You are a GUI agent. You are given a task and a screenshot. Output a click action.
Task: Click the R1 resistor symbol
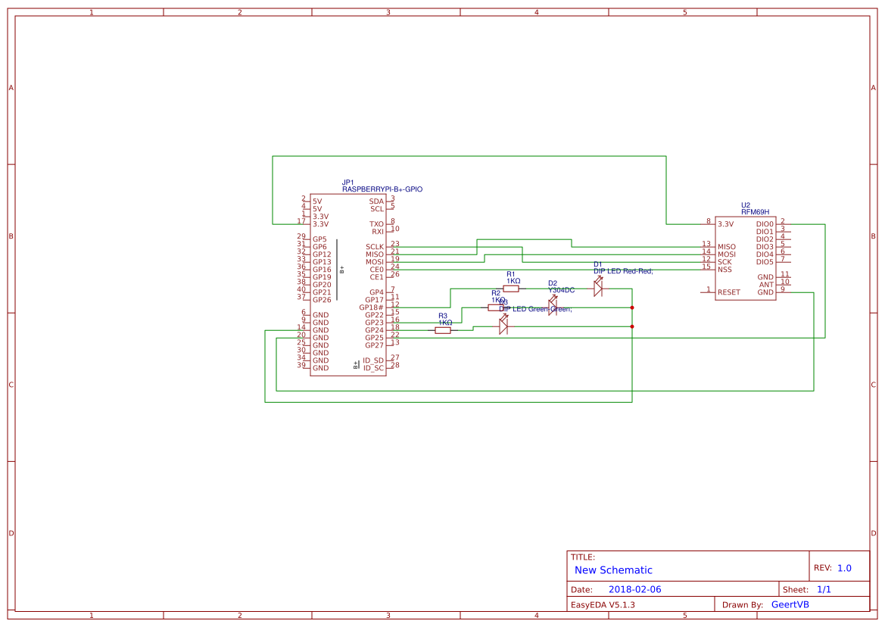click(512, 289)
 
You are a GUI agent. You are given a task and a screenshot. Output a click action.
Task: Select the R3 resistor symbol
click(444, 330)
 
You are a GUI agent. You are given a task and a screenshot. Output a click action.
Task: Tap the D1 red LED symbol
click(598, 287)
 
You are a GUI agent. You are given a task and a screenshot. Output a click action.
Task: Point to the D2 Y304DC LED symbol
click(553, 307)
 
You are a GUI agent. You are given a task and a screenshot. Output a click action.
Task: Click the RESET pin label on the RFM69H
click(728, 292)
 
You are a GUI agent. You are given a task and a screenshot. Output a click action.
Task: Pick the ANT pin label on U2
click(766, 285)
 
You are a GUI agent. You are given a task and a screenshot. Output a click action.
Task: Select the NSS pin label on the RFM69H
click(725, 270)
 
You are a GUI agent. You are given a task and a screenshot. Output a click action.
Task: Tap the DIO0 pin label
click(765, 224)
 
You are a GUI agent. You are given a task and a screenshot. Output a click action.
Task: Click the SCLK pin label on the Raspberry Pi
click(375, 247)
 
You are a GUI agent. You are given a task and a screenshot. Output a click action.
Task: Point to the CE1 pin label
click(377, 277)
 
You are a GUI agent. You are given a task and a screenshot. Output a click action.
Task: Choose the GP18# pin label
click(372, 307)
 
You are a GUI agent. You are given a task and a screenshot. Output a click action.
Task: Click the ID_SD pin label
click(373, 360)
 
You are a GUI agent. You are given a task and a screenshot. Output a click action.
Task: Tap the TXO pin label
click(376, 224)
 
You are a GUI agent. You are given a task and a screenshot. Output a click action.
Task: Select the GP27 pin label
click(374, 345)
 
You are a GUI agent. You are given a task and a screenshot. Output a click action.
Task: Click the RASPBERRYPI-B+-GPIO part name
click(382, 189)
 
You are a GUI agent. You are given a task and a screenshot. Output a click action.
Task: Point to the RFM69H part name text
click(755, 212)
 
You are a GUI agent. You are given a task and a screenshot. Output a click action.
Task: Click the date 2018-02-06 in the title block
click(634, 589)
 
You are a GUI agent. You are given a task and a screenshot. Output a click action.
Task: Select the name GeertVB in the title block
click(790, 604)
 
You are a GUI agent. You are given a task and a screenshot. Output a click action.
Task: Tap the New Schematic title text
click(613, 570)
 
